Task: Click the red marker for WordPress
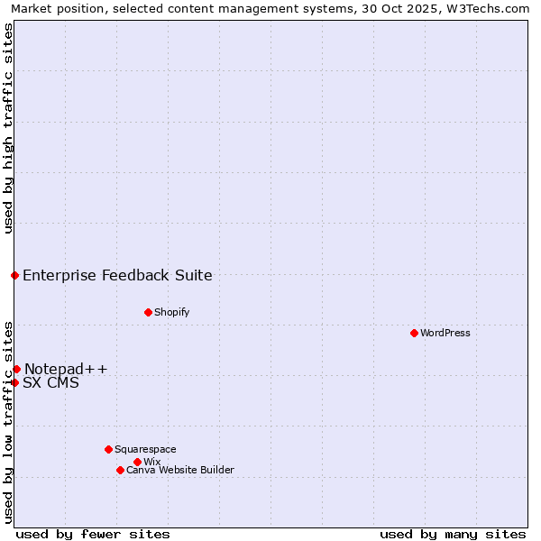(414, 333)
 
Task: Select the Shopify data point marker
(148, 312)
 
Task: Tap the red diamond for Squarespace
(108, 449)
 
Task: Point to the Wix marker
(137, 462)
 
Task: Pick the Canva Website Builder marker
(120, 470)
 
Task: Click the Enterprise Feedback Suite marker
(15, 275)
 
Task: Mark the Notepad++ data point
(16, 369)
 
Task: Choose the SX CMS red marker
(15, 382)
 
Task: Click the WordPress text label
(445, 333)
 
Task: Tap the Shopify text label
(172, 312)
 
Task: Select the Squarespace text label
(145, 449)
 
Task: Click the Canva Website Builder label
(180, 470)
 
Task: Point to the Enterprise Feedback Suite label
(117, 275)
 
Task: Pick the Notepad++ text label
(66, 369)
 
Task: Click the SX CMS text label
(50, 382)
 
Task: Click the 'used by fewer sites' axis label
(93, 534)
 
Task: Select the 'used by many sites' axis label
(453, 534)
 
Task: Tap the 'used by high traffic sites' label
(8, 128)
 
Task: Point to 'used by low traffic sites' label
(8, 422)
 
